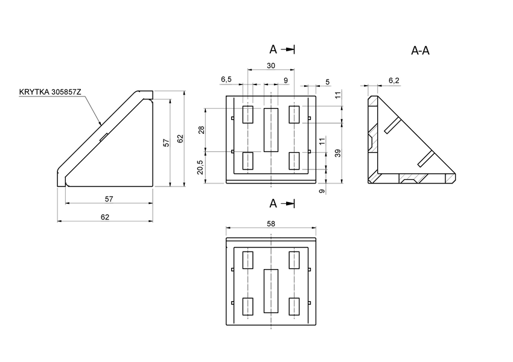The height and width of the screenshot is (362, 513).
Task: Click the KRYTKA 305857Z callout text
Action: (50, 92)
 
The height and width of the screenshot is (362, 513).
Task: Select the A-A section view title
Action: (420, 51)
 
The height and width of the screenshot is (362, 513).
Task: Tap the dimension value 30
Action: (271, 65)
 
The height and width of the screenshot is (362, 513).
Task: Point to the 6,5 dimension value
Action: (226, 80)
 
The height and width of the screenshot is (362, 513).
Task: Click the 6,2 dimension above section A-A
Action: (394, 80)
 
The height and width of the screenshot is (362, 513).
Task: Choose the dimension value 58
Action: (271, 224)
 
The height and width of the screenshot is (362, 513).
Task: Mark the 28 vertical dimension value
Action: (201, 129)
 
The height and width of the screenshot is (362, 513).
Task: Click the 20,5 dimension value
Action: (201, 167)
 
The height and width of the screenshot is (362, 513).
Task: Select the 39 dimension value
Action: (338, 153)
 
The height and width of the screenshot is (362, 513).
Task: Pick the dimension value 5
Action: (327, 81)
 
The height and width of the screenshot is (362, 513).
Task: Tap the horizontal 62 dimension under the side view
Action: (105, 217)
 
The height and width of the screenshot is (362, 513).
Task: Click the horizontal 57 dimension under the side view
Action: (109, 199)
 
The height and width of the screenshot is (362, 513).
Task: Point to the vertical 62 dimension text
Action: (180, 139)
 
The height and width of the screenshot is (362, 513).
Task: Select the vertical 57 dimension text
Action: (166, 142)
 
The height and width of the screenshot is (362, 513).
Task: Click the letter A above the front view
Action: (273, 49)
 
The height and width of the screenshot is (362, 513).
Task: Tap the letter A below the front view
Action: (273, 203)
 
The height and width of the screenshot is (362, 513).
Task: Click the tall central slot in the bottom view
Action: (271, 291)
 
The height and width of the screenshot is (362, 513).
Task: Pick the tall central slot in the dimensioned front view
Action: (271, 130)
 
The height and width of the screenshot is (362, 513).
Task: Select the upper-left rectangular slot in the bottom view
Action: (247, 260)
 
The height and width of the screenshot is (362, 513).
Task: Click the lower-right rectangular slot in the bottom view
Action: (295, 306)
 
